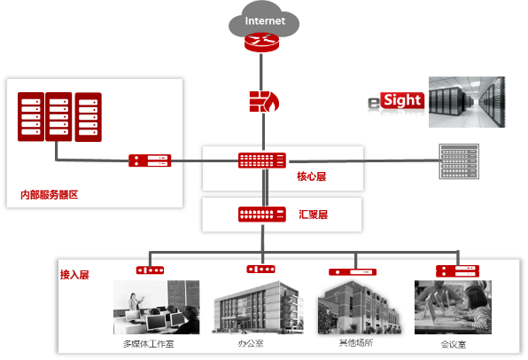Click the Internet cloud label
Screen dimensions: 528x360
tap(265, 21)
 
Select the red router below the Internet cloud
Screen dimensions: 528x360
tap(261, 43)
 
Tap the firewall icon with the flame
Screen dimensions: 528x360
tap(264, 101)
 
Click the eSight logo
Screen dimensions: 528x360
tap(396, 101)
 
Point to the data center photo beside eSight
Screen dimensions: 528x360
tap(467, 102)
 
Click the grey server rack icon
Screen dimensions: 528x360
tap(459, 161)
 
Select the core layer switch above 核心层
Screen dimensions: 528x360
tap(262, 160)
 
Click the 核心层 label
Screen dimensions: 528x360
tap(311, 176)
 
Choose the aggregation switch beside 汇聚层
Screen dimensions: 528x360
tap(262, 214)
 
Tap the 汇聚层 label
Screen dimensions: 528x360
tap(313, 215)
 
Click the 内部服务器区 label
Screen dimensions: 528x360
tap(49, 194)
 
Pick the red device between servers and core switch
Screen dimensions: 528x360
tap(150, 160)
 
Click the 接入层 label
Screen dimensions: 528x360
tap(74, 275)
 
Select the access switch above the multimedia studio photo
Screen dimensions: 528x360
tap(150, 270)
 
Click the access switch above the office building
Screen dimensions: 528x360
tap(260, 269)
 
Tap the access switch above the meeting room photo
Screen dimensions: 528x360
tap(457, 271)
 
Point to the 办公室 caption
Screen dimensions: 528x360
tap(251, 343)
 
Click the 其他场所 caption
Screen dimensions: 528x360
tap(356, 343)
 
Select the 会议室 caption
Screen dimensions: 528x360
tap(454, 345)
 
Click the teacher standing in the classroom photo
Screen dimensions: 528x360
tap(135, 302)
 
